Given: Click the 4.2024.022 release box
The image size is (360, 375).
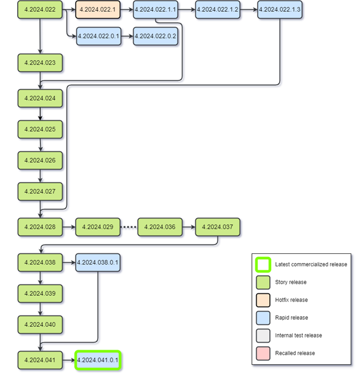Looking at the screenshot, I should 40,10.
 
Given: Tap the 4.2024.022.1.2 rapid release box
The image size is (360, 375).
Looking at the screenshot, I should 217,10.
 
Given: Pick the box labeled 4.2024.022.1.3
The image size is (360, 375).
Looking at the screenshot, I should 279,10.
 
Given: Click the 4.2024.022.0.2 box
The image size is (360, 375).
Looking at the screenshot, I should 155,36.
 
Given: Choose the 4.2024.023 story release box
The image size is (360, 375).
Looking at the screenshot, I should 40,63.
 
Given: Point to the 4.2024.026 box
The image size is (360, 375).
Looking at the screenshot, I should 40,160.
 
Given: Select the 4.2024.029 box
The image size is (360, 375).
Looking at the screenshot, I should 97,227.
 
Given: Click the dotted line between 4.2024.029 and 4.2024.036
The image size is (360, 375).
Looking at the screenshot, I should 129,227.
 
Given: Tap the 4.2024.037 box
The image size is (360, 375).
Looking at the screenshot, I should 217,227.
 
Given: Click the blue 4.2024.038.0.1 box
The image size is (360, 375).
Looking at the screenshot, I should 97,262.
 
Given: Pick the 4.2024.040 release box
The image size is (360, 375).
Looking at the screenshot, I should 40,325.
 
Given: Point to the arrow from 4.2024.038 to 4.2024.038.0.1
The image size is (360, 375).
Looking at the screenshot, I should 69,262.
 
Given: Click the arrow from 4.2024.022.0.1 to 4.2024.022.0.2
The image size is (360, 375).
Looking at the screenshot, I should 126,36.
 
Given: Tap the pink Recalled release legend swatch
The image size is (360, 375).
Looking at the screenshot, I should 263,353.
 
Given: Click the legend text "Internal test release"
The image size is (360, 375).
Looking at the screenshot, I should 298,335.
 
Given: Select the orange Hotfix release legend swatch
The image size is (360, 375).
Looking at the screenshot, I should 263,300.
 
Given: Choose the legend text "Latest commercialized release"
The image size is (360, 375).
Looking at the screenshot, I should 311,265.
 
